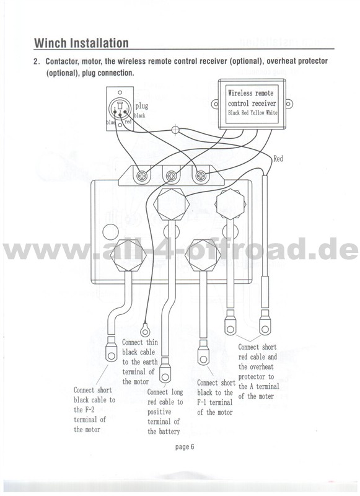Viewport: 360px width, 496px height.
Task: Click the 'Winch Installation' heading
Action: click(x=81, y=43)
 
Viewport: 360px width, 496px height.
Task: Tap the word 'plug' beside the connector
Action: click(x=142, y=106)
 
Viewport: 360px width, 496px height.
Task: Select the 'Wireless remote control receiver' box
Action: click(x=252, y=104)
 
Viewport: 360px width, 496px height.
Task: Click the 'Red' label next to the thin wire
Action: click(x=278, y=159)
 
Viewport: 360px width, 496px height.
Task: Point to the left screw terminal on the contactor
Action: click(x=143, y=176)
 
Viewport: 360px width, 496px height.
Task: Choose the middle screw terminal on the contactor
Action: click(x=171, y=175)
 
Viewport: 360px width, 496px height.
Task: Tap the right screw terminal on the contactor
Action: click(x=201, y=175)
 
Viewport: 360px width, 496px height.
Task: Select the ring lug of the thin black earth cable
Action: click(x=146, y=330)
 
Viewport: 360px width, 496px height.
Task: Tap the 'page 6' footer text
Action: click(x=185, y=447)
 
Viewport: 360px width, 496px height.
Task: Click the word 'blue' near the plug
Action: click(x=112, y=122)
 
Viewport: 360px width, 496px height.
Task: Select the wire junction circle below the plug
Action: click(x=175, y=130)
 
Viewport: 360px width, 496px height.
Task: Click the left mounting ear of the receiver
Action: click(x=215, y=104)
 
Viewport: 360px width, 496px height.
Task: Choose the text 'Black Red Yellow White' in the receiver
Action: click(x=253, y=113)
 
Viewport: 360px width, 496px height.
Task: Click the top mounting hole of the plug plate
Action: click(x=120, y=92)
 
